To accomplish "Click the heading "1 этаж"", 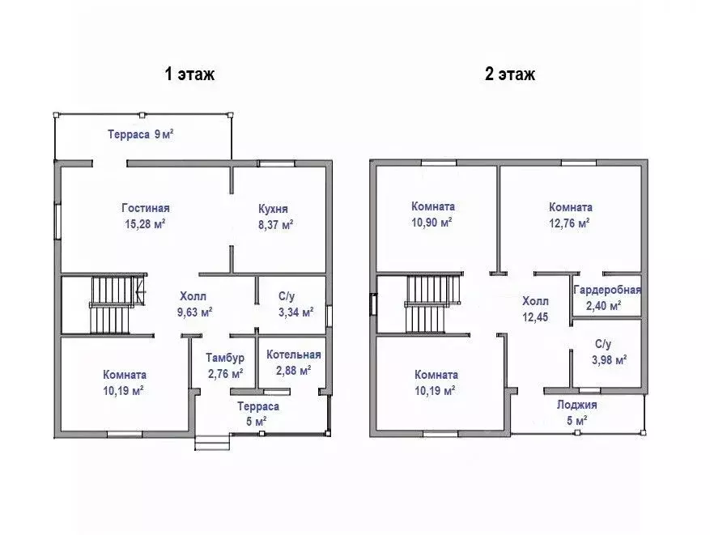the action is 189,74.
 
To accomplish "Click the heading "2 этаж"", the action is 510,74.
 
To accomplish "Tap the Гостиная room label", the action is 146,208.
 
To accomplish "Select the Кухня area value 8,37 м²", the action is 276,224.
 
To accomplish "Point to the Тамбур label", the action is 225,358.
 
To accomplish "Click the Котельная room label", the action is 293,355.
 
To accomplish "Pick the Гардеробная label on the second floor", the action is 607,290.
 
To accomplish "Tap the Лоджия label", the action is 577,405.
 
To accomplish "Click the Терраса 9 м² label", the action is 141,134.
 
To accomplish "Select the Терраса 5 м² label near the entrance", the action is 258,414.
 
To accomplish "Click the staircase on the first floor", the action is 117,304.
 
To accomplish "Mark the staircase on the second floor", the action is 433,304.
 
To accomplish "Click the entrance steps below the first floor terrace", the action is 212,442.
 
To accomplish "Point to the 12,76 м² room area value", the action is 570,223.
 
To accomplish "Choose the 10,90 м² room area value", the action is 432,223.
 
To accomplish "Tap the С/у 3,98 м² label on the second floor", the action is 609,352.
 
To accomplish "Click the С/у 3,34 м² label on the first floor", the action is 296,304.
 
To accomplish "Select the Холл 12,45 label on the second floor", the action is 535,309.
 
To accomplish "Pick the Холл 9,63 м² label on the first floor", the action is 195,304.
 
